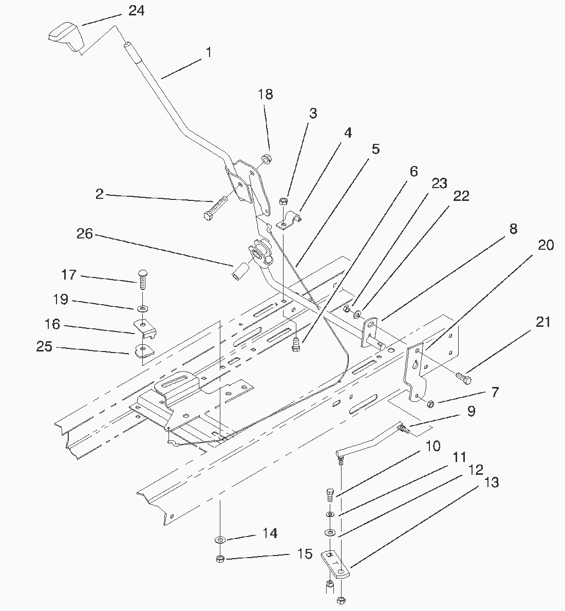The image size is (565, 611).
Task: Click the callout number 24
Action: point(136,10)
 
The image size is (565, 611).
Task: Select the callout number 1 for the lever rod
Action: point(208,52)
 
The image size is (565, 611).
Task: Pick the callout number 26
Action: point(84,234)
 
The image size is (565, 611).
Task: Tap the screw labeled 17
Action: point(142,277)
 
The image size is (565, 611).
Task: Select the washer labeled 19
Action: point(142,308)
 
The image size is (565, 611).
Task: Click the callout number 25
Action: point(44,346)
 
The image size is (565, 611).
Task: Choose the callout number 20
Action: point(546,245)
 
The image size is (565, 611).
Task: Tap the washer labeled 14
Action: point(220,540)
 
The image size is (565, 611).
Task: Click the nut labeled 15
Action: point(220,559)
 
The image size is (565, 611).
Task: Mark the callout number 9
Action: point(471,411)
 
